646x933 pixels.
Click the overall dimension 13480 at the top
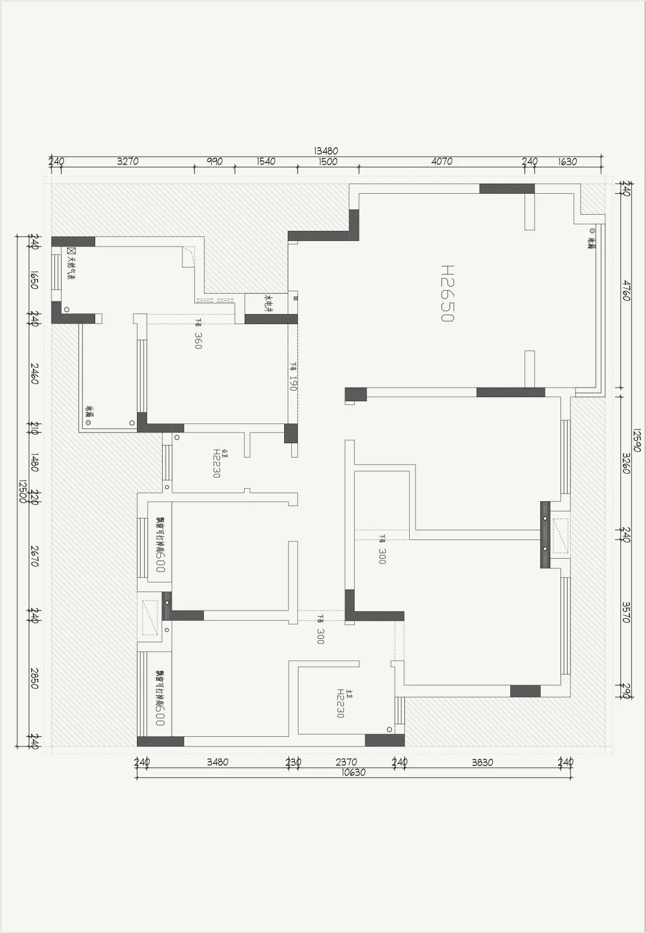pyautogui.click(x=326, y=151)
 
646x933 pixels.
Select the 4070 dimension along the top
pyautogui.click(x=441, y=161)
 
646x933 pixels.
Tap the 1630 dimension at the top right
pyautogui.click(x=567, y=161)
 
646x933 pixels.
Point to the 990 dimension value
pyautogui.click(x=214, y=161)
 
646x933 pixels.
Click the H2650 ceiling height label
pyautogui.click(x=447, y=294)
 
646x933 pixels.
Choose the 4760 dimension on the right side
pyautogui.click(x=626, y=290)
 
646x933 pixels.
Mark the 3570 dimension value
pyautogui.click(x=626, y=612)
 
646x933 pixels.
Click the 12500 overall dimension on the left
pyautogui.click(x=23, y=492)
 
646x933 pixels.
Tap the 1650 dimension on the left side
pyautogui.click(x=34, y=279)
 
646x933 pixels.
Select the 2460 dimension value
pyautogui.click(x=34, y=374)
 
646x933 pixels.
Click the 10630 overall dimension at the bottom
pyautogui.click(x=353, y=772)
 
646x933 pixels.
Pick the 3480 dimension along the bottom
pyautogui.click(x=217, y=762)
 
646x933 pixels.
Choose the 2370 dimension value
pyautogui.click(x=346, y=762)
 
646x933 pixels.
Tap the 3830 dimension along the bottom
pyautogui.click(x=482, y=762)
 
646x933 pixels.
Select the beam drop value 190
pyautogui.click(x=293, y=382)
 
